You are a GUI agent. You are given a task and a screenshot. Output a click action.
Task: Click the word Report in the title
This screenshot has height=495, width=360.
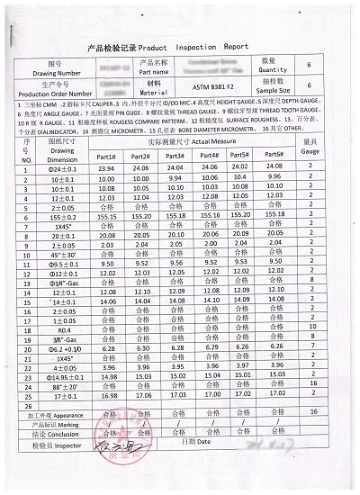point(236,44)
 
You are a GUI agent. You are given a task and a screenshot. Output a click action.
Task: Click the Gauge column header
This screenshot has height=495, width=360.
point(310,147)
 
